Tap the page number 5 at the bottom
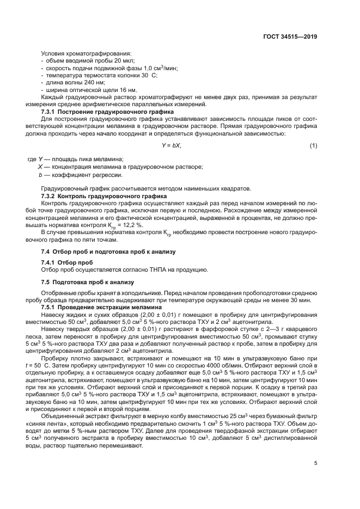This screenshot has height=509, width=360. [316, 464]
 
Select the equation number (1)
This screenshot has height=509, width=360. [313, 146]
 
